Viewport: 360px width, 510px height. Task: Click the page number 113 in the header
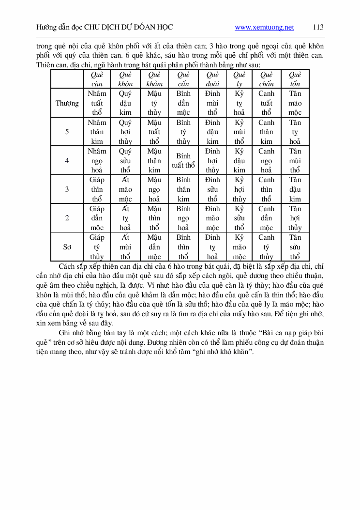[x=318, y=27]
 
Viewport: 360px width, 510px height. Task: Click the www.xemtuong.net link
[x=264, y=28]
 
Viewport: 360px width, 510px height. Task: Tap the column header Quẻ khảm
[x=154, y=79]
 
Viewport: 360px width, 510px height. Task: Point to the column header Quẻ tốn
[x=295, y=79]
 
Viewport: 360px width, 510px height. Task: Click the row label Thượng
[x=67, y=103]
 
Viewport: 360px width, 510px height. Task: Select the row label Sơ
[x=67, y=247]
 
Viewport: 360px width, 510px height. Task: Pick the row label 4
[x=67, y=161]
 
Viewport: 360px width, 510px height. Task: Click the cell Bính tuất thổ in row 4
[x=183, y=161]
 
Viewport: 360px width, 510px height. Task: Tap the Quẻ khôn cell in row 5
[x=125, y=132]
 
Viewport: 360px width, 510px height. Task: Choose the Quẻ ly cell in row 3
[x=239, y=189]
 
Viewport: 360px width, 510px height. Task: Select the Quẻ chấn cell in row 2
[x=266, y=218]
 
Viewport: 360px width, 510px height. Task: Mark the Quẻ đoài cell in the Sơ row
[x=212, y=247]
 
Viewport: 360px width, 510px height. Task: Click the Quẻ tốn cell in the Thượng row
[x=295, y=103]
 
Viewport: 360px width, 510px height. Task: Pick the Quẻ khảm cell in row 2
[x=154, y=218]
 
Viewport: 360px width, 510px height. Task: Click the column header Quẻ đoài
[x=212, y=79]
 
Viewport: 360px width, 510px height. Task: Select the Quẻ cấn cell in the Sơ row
[x=183, y=247]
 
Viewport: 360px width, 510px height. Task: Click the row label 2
[x=67, y=218]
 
